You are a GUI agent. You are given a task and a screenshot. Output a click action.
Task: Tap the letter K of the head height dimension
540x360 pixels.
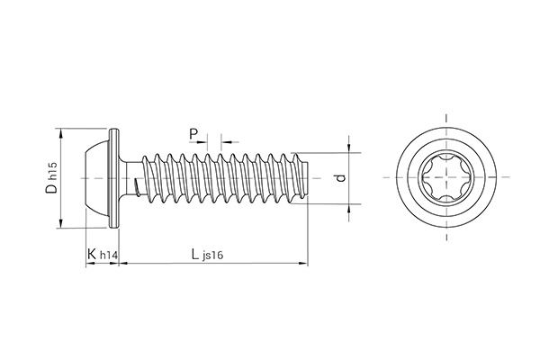pos(92,256)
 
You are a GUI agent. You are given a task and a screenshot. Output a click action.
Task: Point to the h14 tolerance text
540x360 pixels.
pos(108,257)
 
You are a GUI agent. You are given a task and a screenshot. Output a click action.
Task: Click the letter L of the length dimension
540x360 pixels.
pos(195,255)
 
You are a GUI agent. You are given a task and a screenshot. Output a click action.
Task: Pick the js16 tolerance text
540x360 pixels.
pos(214,257)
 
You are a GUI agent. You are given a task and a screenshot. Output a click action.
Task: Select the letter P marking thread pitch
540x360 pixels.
pos(194,135)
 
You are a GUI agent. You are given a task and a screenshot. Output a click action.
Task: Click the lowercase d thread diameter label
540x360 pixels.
pos(339,178)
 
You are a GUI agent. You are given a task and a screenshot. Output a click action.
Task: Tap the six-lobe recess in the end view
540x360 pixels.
pos(445,177)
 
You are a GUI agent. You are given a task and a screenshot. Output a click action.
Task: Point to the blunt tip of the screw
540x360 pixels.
pos(304,177)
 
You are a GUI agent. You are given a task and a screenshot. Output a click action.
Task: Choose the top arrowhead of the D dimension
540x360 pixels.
pos(61,131)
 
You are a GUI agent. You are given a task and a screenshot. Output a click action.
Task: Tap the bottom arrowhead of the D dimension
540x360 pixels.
pos(61,226)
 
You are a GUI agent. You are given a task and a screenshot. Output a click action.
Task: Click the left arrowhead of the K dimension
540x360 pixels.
pos(86,265)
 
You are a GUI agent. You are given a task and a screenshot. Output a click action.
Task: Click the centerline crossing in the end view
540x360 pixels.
pos(445,177)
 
